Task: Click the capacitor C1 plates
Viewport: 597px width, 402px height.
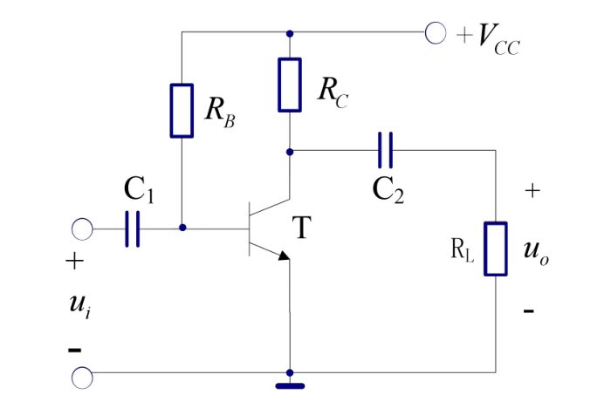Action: click(x=133, y=229)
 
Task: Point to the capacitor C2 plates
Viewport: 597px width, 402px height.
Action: click(x=385, y=150)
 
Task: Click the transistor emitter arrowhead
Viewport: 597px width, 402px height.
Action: click(x=285, y=256)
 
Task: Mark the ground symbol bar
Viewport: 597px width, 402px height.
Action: click(x=290, y=386)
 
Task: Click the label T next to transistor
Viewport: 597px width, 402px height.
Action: click(x=301, y=227)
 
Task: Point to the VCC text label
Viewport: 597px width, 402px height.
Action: click(x=498, y=39)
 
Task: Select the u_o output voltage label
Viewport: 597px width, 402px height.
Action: click(x=536, y=252)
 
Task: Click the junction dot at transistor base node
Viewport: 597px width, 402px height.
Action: click(x=182, y=228)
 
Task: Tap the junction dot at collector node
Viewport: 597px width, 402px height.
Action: click(x=290, y=152)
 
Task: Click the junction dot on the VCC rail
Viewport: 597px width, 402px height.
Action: click(x=290, y=33)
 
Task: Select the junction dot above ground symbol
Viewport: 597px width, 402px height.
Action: click(x=290, y=372)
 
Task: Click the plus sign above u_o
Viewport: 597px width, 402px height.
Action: click(x=532, y=190)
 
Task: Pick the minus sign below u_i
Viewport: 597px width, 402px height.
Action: click(x=75, y=350)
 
